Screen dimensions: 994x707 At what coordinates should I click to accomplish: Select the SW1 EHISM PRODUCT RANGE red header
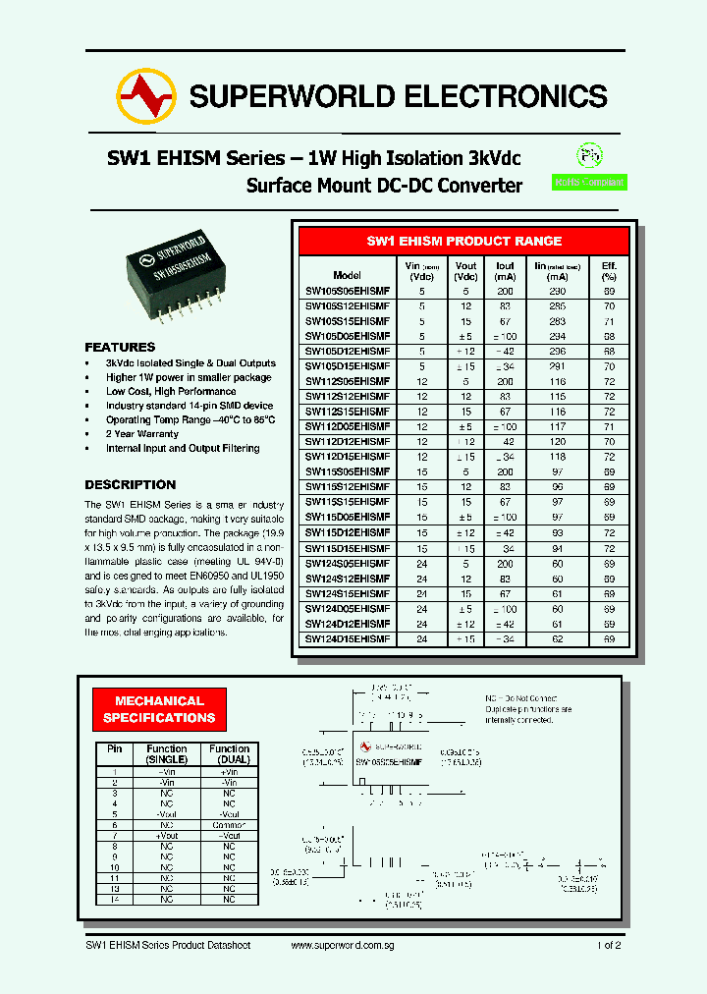463,241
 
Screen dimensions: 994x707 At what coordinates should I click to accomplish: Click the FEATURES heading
120,347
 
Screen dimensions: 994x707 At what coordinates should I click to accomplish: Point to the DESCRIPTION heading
130,484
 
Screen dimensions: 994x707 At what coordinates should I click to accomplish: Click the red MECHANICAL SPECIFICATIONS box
159,709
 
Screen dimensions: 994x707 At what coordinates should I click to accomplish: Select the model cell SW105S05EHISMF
348,291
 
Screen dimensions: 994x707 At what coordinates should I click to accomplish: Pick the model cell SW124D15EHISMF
348,638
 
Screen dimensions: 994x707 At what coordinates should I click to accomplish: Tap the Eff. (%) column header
609,270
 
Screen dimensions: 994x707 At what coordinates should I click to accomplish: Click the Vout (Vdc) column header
466,270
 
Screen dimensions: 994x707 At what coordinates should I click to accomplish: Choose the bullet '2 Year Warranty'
142,433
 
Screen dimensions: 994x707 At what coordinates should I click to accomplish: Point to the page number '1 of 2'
609,945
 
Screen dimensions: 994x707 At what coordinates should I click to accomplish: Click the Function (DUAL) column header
229,754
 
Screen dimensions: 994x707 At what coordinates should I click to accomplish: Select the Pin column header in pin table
114,748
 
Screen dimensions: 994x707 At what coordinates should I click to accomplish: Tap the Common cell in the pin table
229,825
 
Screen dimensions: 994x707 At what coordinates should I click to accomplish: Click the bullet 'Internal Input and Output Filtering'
183,448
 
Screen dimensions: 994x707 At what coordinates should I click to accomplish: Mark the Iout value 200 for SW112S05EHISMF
505,381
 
